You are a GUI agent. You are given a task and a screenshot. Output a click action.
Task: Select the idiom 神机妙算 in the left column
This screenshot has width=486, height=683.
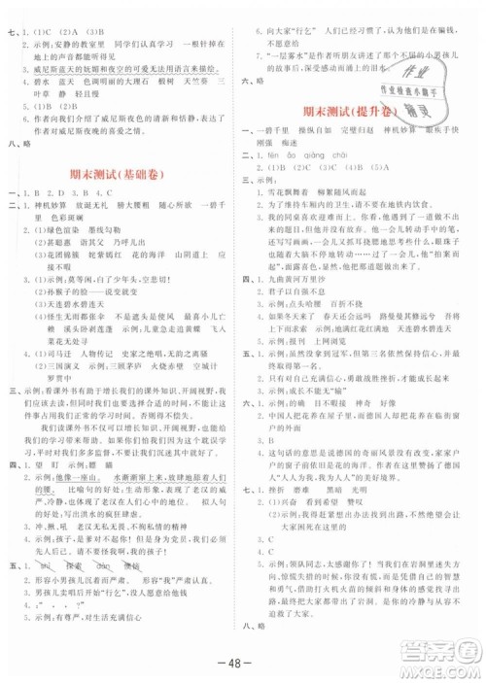coord(57,206)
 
